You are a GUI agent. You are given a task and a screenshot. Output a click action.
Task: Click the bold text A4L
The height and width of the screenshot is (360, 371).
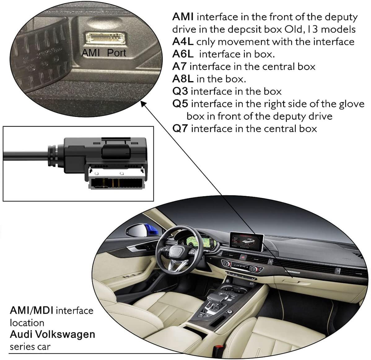182,42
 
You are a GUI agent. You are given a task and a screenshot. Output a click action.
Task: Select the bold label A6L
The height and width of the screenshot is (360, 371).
183,54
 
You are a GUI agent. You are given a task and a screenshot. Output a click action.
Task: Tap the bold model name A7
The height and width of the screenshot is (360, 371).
180,66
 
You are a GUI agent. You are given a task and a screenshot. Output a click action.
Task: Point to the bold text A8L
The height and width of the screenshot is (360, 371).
183,79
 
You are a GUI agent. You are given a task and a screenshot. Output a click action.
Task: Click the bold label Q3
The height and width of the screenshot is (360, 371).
180,91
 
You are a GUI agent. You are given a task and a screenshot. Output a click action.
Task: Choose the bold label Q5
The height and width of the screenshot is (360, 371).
180,103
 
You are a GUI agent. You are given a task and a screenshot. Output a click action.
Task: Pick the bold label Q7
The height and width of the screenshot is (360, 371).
180,128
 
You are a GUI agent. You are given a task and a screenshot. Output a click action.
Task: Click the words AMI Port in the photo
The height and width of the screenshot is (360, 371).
103,53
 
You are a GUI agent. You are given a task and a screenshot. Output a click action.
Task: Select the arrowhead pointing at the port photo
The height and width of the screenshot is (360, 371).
143,104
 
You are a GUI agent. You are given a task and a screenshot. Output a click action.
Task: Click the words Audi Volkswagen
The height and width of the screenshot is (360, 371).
52,334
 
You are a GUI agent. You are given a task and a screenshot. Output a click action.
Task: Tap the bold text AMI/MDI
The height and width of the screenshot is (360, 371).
32,310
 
